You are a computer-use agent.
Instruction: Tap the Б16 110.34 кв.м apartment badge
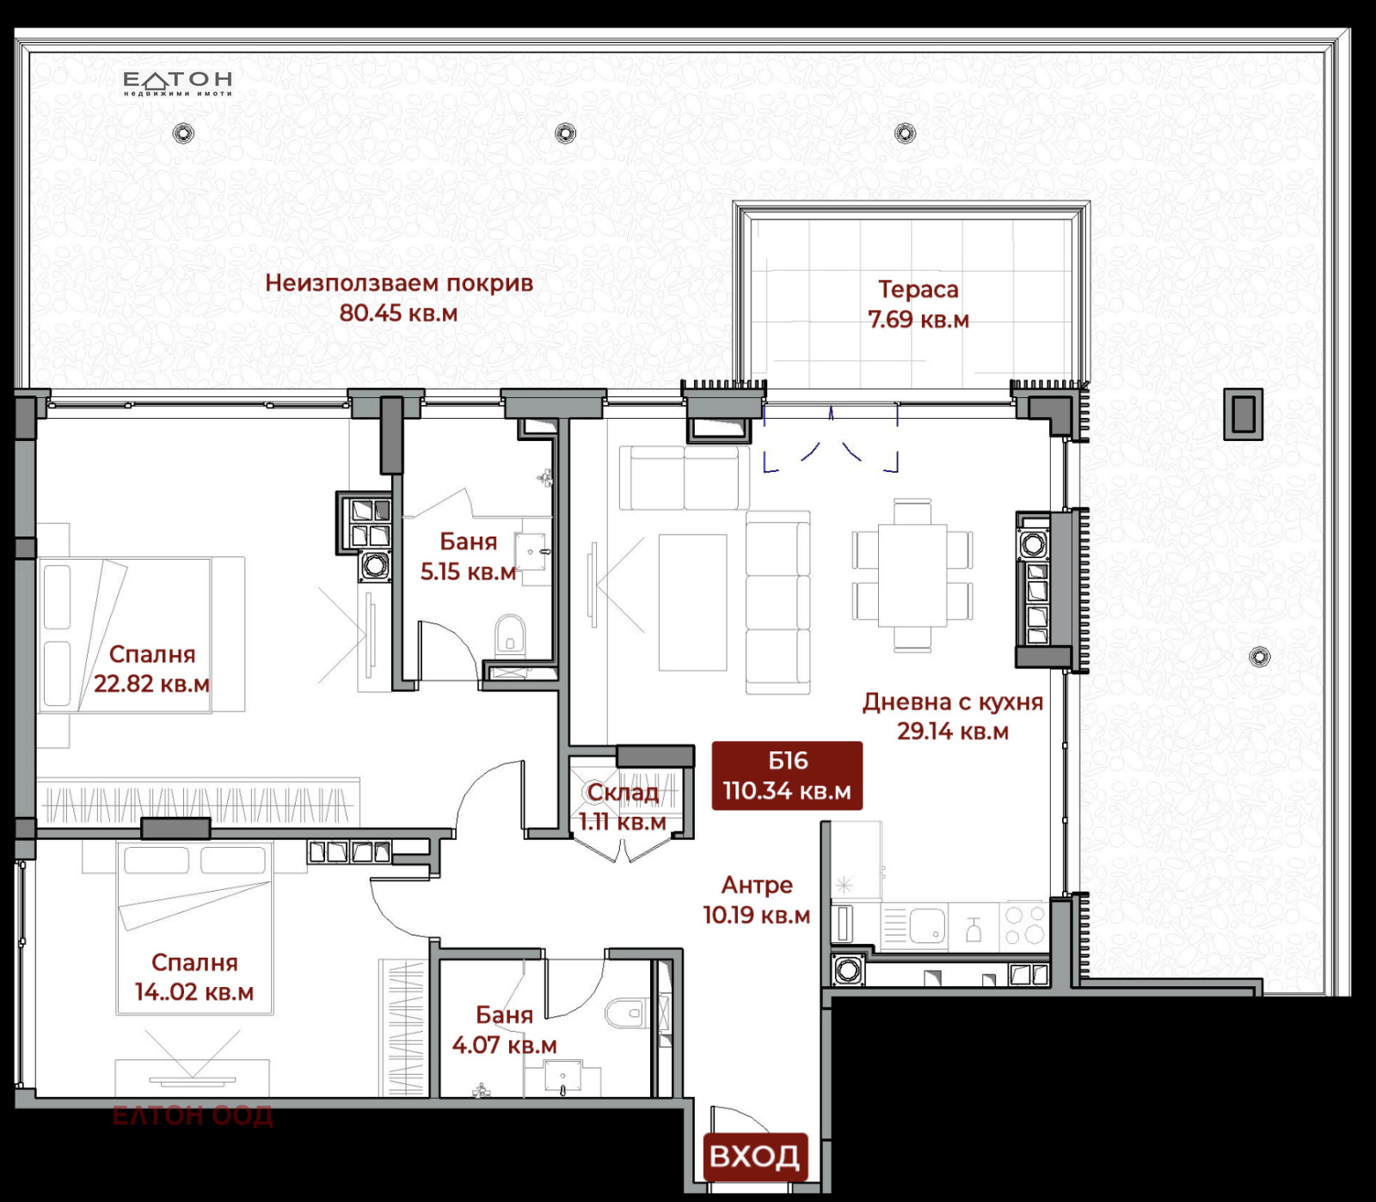(787, 776)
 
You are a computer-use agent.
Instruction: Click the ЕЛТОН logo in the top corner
(178, 83)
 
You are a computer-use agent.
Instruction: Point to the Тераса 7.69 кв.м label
(918, 304)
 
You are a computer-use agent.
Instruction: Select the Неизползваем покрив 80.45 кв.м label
(399, 297)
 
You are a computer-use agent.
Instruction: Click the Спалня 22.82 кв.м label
(152, 669)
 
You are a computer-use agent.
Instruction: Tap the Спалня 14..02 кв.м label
(194, 977)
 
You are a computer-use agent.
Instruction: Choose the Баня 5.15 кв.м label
(469, 556)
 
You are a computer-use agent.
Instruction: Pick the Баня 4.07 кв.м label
(505, 1030)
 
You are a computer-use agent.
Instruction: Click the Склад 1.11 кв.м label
(623, 806)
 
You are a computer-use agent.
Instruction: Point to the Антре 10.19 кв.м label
(757, 899)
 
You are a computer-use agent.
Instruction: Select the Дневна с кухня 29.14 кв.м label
(953, 716)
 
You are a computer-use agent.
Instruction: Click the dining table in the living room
(912, 574)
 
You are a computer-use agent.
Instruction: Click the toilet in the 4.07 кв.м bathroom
(625, 1012)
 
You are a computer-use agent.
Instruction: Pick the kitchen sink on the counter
(928, 927)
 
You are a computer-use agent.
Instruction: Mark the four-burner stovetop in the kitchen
(1025, 925)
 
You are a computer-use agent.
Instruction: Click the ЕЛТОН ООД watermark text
(193, 1115)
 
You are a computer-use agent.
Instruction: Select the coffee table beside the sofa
(693, 602)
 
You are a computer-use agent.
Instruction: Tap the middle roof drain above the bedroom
(565, 133)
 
